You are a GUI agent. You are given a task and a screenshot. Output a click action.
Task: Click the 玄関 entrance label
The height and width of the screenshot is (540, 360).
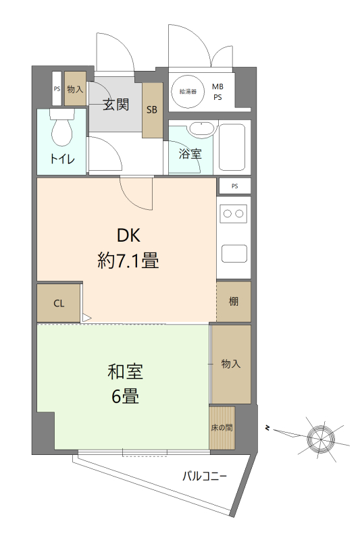click(116, 105)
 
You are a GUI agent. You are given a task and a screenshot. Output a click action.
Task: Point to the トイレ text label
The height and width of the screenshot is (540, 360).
click(63, 159)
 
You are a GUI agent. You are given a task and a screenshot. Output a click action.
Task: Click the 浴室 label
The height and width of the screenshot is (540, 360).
click(190, 154)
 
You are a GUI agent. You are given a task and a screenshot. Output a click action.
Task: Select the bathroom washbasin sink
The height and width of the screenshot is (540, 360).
click(201, 128)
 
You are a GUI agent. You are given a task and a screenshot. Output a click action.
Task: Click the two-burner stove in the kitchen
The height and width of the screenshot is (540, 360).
click(233, 214)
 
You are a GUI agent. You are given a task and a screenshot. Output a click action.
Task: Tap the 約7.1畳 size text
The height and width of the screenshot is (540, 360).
click(128, 261)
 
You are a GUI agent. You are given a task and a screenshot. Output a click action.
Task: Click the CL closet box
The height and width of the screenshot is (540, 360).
click(59, 303)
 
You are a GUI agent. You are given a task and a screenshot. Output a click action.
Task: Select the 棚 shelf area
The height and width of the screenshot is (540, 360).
click(234, 302)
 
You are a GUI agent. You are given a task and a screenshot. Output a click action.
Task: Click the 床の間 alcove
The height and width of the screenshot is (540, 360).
click(222, 428)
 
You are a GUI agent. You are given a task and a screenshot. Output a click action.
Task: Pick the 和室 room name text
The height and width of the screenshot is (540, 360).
click(126, 371)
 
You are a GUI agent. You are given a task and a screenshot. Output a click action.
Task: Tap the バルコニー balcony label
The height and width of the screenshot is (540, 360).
click(205, 476)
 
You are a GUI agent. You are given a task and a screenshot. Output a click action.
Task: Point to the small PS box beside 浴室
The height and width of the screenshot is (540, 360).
click(234, 186)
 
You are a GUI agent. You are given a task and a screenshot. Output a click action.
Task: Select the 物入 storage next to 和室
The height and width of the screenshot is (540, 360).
click(231, 364)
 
